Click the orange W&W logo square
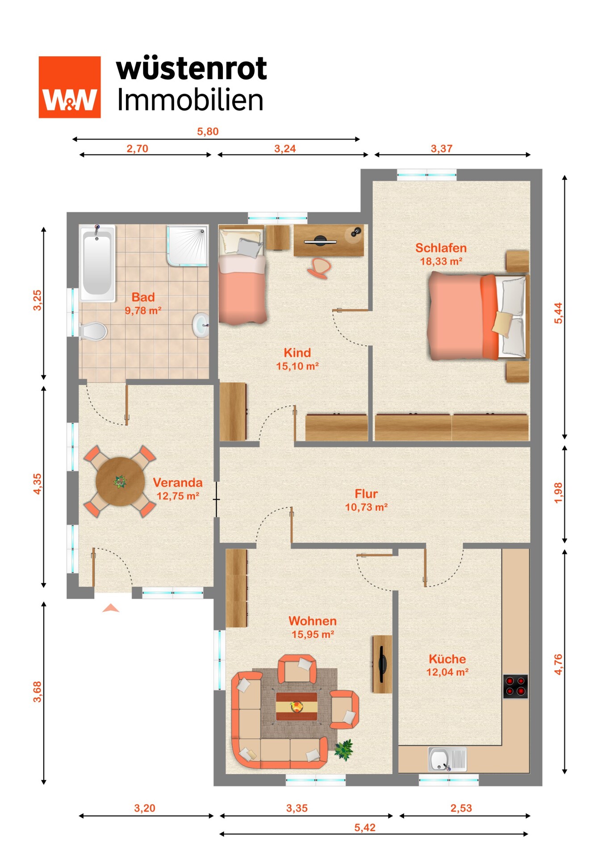[x=70, y=87]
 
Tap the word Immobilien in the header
[x=190, y=100]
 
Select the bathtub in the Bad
[x=97, y=263]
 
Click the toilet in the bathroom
[x=93, y=332]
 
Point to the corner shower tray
[x=187, y=246]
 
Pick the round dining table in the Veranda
[x=120, y=481]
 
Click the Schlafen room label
[x=441, y=248]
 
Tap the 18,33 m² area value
[x=441, y=261]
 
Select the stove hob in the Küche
[x=515, y=686]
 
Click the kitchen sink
[x=447, y=759]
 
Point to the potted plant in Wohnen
[x=344, y=749]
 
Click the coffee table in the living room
[x=297, y=707]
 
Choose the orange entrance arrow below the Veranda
[x=111, y=608]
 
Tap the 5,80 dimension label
[x=208, y=131]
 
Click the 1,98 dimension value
[x=558, y=493]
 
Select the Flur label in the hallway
[x=366, y=494]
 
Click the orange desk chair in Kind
[x=319, y=268]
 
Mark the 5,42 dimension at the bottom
[x=365, y=828]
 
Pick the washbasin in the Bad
[x=201, y=325]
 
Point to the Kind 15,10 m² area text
[x=297, y=366]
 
